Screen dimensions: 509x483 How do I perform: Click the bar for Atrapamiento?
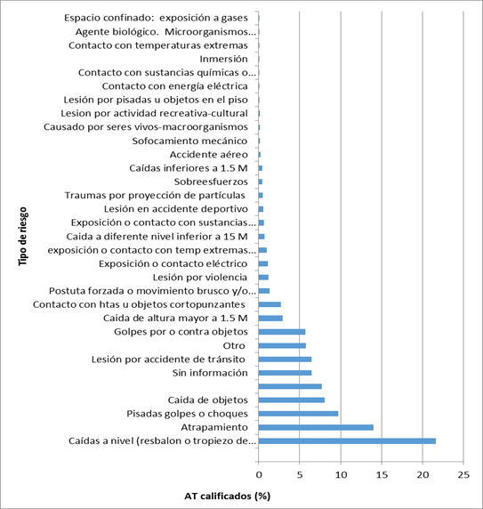(x=315, y=427)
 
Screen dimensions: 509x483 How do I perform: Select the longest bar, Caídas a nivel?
(x=347, y=440)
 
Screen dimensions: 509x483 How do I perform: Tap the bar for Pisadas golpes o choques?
(x=298, y=414)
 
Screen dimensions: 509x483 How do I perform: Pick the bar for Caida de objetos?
(x=291, y=400)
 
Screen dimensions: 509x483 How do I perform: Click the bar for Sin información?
(x=285, y=373)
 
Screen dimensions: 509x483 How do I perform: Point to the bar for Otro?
(x=282, y=345)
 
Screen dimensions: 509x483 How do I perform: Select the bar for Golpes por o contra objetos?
(x=281, y=332)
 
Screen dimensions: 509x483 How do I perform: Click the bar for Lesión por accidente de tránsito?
(x=285, y=360)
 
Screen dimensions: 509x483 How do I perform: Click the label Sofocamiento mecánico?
(x=189, y=141)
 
